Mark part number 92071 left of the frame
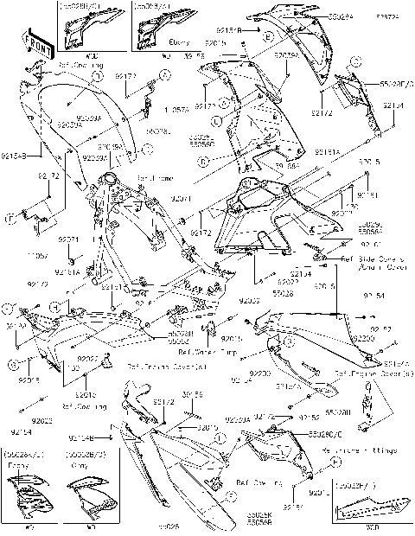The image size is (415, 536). pyautogui.click(x=68, y=239)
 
